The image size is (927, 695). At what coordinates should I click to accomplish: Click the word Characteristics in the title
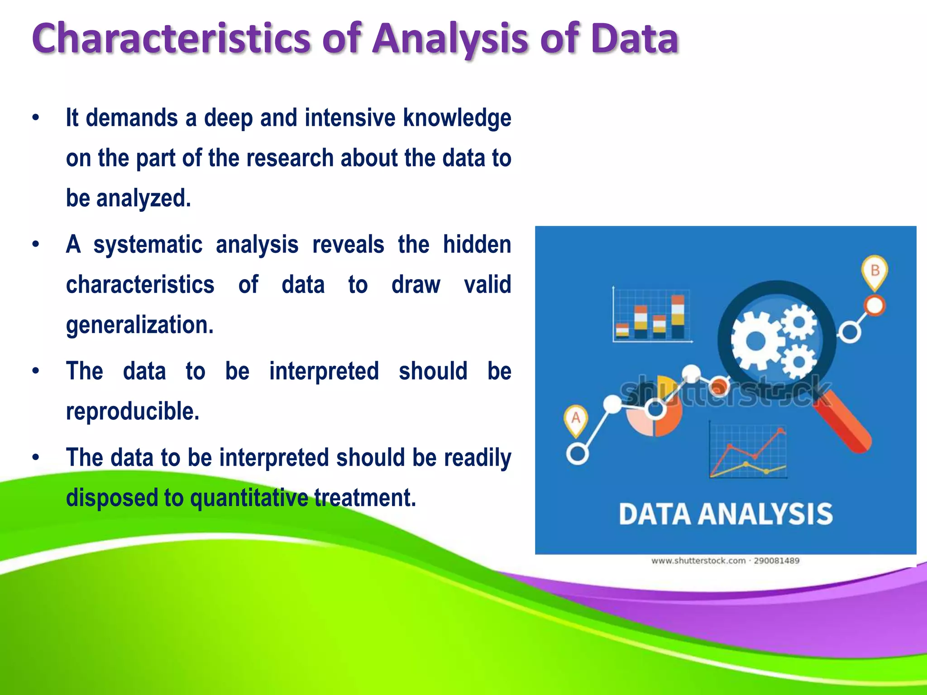[171, 38]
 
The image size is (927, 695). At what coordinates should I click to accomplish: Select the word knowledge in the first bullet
[457, 119]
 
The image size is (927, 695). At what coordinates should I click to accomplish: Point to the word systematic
[148, 245]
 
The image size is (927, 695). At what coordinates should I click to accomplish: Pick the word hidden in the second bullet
[477, 245]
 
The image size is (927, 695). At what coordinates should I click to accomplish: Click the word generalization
[139, 325]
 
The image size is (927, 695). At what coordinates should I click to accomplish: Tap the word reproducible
[132, 411]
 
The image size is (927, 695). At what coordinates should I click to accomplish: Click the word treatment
[365, 498]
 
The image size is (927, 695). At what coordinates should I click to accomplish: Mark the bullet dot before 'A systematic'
[36, 245]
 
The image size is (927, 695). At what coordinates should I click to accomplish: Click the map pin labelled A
[575, 419]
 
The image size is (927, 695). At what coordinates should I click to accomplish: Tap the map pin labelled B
[874, 271]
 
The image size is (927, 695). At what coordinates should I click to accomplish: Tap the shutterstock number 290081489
[776, 561]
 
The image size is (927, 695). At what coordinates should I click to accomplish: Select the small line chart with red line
[748, 451]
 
